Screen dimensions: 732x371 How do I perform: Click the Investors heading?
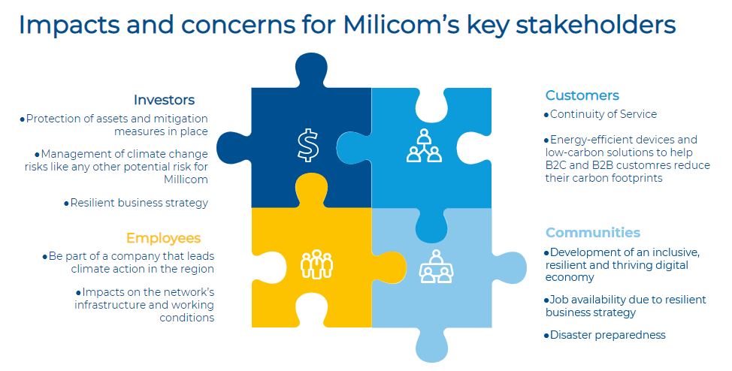[x=164, y=100]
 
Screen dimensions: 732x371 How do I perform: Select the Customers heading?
[x=582, y=95]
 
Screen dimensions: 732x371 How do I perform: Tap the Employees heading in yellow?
[x=163, y=239]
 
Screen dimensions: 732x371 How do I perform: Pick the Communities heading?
[x=593, y=232]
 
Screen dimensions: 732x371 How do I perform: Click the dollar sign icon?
[x=308, y=145]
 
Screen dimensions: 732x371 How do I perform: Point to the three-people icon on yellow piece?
[x=316, y=264]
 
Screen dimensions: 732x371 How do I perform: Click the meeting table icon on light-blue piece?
[x=436, y=267]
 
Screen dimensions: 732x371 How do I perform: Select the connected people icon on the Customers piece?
[x=424, y=146]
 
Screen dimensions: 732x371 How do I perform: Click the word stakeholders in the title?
[x=596, y=25]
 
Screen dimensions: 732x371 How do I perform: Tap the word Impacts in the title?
[x=69, y=26]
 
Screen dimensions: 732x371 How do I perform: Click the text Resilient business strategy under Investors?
[x=139, y=203]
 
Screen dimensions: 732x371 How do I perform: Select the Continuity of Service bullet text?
[x=603, y=114]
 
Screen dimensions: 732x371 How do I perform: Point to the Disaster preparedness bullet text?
[x=608, y=335]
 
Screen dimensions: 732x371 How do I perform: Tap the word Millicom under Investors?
[x=186, y=179]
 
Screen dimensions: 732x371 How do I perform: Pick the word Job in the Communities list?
[x=558, y=300]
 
